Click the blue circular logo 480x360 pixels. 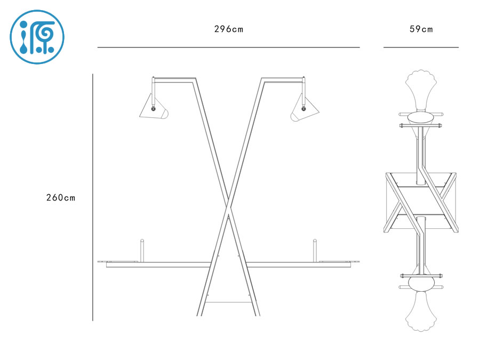click(37, 37)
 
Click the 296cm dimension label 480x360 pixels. click(228, 29)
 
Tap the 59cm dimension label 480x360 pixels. click(421, 29)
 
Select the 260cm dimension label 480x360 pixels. click(61, 198)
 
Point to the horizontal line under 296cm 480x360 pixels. click(228, 47)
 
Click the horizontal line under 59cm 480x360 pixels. click(421, 47)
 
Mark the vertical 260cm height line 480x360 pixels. click(93, 197)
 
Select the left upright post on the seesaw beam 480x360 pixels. click(142, 250)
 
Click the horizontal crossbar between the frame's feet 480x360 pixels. click(228, 302)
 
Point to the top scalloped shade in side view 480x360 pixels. click(421, 89)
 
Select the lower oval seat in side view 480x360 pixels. click(421, 282)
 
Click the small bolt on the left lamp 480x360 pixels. click(154, 109)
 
